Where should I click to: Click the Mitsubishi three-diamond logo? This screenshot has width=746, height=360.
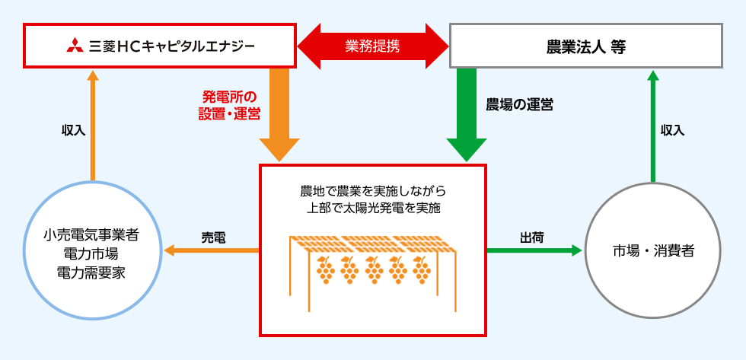74,45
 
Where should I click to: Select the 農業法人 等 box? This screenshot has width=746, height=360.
585,45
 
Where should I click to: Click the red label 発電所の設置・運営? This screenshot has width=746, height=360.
231,105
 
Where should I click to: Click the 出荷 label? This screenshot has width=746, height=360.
531,236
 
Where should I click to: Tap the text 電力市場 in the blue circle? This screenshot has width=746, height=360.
91,252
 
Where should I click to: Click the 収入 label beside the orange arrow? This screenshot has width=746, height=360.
73,130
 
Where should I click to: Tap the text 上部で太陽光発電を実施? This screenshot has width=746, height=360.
372,206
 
